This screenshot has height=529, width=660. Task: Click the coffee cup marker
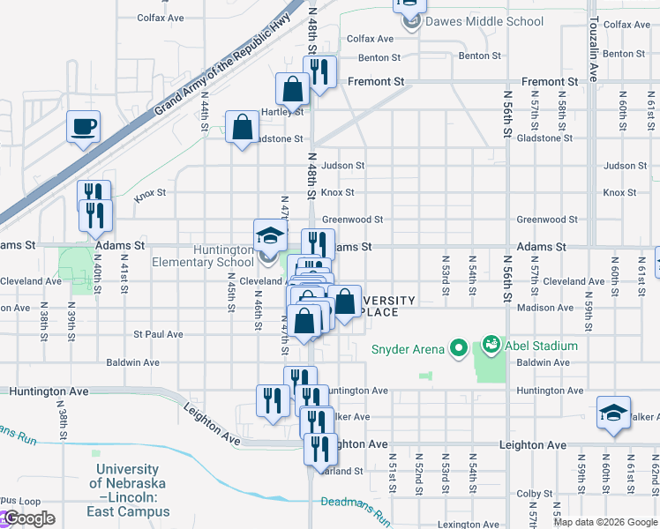tap(84, 127)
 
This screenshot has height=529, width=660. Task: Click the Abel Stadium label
tap(542, 346)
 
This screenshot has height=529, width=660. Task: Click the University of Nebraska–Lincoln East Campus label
tap(129, 490)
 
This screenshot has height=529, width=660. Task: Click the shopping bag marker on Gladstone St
tap(242, 129)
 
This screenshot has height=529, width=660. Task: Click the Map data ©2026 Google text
tap(605, 522)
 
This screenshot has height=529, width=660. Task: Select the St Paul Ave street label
tap(158, 335)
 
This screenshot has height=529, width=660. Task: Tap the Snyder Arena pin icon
tap(457, 349)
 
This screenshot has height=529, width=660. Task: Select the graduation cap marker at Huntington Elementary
tap(270, 236)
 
